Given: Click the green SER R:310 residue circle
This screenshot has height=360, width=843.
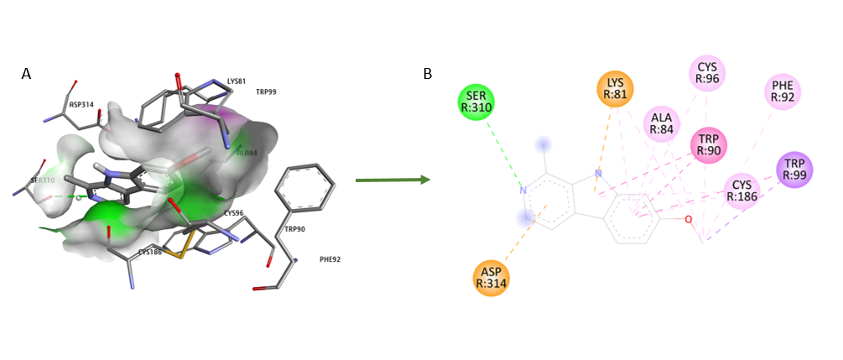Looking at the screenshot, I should click(476, 103).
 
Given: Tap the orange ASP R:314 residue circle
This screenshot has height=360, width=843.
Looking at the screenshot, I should click(491, 277).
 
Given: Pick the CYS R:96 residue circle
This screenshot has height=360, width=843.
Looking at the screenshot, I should click(707, 73).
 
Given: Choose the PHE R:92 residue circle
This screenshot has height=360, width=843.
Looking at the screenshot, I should click(783, 91).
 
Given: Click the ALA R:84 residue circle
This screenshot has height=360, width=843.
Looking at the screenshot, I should click(661, 123).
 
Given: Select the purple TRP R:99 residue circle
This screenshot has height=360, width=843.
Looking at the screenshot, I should click(794, 170).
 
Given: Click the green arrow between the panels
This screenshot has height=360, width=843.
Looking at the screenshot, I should click(393, 180).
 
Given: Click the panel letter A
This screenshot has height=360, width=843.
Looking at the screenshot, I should click(26, 75).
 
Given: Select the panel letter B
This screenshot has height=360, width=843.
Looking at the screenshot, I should click(428, 75).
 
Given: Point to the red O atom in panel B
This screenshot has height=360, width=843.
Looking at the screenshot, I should click(688, 220).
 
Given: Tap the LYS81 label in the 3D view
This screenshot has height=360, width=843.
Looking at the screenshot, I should click(237, 81).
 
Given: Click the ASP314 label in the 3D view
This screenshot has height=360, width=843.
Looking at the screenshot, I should click(81, 105).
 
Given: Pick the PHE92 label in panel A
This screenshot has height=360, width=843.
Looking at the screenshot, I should click(330, 259).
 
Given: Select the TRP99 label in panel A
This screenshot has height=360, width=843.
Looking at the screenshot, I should click(266, 91).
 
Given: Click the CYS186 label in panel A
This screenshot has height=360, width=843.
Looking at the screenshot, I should click(150, 252).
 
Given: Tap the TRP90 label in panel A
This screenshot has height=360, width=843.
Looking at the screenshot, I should click(294, 229).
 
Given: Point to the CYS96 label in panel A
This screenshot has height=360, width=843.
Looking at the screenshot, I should click(234, 213).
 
